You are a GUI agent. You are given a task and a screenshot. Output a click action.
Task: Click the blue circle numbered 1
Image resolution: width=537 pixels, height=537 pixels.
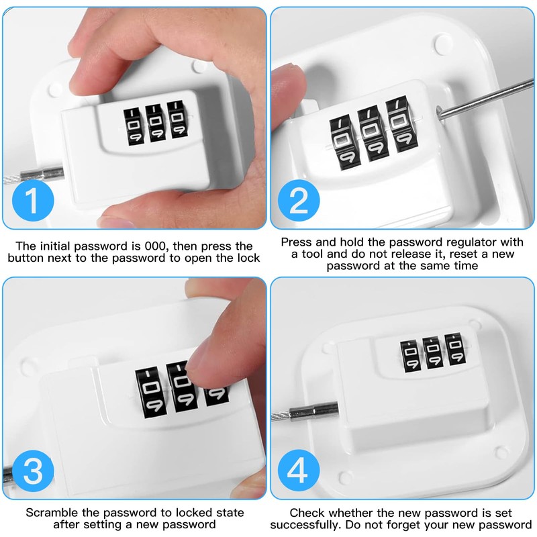(33, 200)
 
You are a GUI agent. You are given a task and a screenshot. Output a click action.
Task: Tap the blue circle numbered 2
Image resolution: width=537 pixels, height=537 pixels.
(299, 200)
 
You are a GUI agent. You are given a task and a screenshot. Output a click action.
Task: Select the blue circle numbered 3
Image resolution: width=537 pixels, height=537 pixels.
(33, 471)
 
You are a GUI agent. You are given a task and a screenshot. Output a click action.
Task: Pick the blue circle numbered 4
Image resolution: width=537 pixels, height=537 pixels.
(299, 471)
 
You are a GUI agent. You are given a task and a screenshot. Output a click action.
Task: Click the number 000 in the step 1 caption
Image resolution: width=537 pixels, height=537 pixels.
(157, 246)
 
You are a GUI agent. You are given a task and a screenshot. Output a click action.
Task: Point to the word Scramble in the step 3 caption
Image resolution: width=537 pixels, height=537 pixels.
(52, 512)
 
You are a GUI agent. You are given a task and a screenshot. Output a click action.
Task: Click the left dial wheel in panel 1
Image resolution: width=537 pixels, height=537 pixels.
(133, 126)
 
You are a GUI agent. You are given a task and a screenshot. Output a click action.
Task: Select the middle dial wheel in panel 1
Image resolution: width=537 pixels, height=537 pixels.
(155, 123)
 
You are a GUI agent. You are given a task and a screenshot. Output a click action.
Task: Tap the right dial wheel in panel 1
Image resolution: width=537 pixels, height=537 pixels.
(177, 119)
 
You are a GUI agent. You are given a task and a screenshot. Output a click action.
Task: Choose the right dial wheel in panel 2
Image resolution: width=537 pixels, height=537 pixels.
(401, 125)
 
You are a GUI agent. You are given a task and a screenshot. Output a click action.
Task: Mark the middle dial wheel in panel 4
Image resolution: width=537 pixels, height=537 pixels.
(433, 353)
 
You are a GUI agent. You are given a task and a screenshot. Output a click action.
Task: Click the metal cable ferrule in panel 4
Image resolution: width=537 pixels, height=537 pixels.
(313, 411)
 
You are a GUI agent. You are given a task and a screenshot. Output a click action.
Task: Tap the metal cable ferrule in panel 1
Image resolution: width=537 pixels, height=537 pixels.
(42, 175)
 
